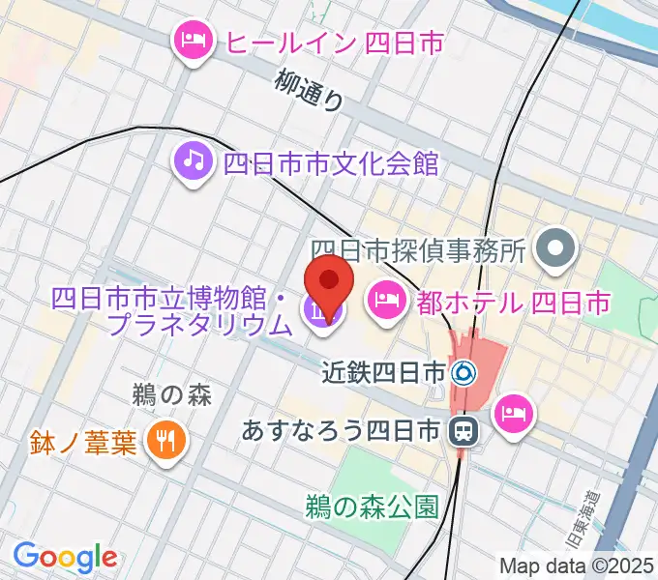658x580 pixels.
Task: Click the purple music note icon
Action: tap(194, 159)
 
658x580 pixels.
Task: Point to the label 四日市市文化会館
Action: tap(331, 161)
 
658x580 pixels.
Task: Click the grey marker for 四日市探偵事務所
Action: tap(556, 250)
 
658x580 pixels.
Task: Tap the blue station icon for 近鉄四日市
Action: tap(465, 370)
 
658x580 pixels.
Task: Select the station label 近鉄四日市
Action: tap(384, 370)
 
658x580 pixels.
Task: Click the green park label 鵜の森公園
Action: tap(374, 506)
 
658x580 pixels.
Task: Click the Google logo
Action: tap(65, 556)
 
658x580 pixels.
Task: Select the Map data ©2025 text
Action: tap(577, 565)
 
